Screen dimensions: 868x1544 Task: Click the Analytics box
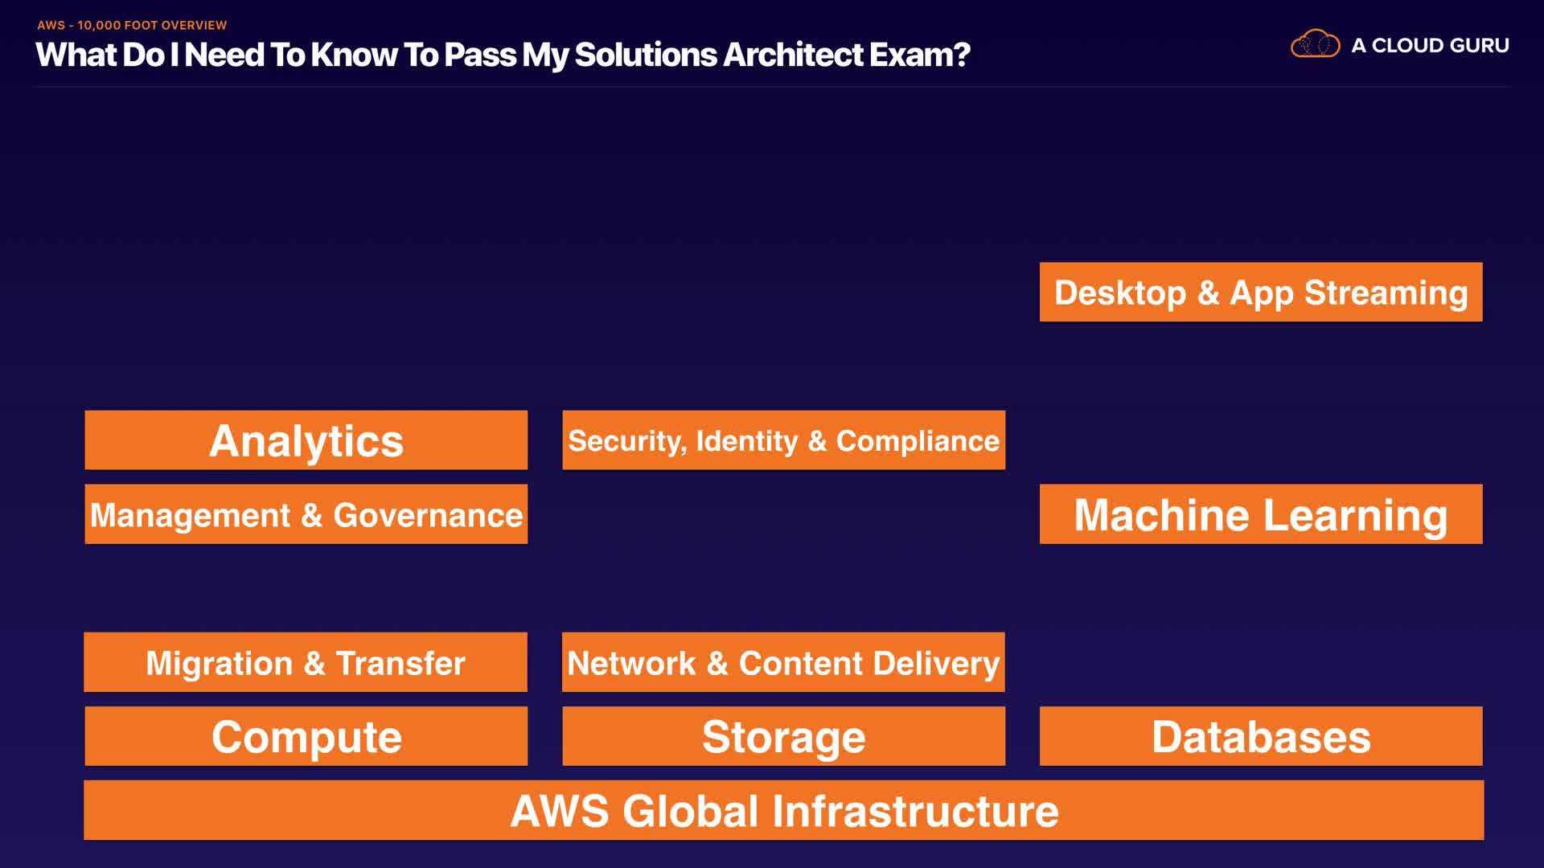tap(306, 440)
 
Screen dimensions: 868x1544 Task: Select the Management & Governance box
tap(306, 514)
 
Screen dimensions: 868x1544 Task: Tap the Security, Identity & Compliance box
tap(783, 440)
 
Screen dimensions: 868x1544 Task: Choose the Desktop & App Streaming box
tap(1260, 293)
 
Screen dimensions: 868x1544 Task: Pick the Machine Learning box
tap(1260, 514)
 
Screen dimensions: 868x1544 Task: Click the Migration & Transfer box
tap(306, 662)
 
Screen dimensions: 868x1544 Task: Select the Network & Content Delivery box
tap(783, 662)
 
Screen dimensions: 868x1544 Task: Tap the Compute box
tap(306, 736)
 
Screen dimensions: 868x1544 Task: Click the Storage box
tap(783, 736)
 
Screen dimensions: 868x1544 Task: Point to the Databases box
tap(1260, 736)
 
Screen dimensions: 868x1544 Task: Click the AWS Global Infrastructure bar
tap(783, 810)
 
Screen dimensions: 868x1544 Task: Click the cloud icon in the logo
tap(1315, 44)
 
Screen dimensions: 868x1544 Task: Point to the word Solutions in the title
tap(645, 55)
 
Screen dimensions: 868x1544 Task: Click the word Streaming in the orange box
tap(1386, 293)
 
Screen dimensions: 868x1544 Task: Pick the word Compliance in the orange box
tap(918, 441)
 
